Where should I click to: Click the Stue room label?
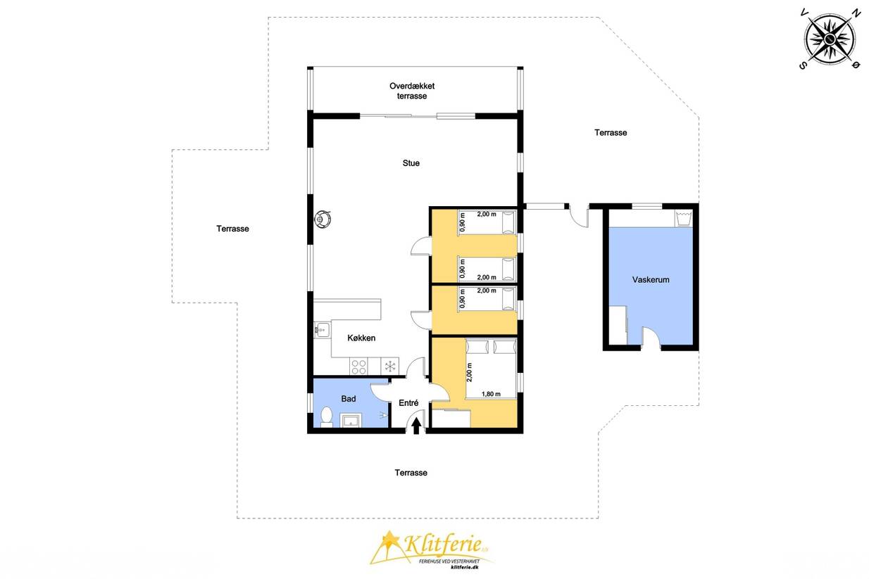click(x=411, y=163)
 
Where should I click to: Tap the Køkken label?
click(x=361, y=338)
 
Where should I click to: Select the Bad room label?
click(x=349, y=399)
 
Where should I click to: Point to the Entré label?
click(x=408, y=403)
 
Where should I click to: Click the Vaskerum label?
click(x=651, y=279)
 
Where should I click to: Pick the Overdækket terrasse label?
click(x=412, y=91)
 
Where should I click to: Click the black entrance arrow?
click(x=416, y=426)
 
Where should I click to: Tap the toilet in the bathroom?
click(x=327, y=417)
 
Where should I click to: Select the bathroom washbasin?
click(x=351, y=421)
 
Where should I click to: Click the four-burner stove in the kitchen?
click(x=359, y=367)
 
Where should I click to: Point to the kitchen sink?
click(x=322, y=330)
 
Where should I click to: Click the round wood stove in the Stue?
click(x=323, y=219)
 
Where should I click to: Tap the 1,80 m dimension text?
click(x=491, y=394)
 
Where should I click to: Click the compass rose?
click(x=830, y=39)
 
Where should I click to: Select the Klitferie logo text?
click(x=442, y=544)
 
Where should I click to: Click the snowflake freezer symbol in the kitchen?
click(x=390, y=367)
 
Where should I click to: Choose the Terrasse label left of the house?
click(x=233, y=229)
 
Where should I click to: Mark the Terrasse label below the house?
click(x=411, y=473)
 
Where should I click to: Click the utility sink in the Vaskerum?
click(x=684, y=218)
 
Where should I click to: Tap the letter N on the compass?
click(x=855, y=13)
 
